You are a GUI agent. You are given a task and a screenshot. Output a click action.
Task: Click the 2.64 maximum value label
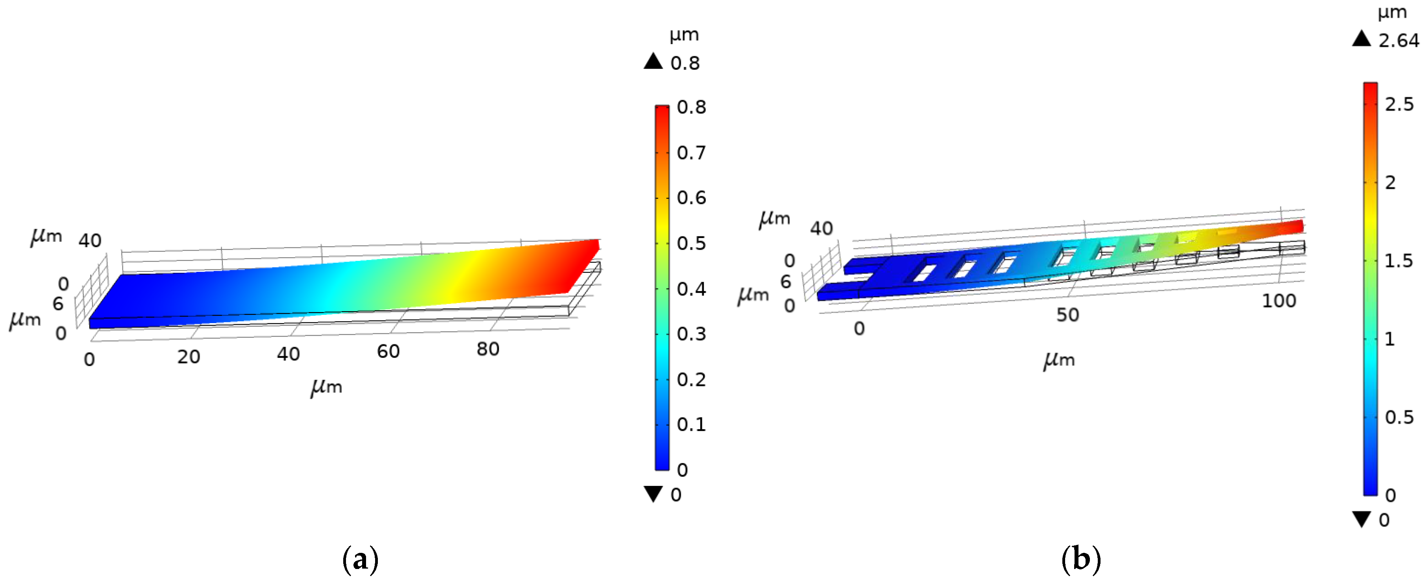(1398, 41)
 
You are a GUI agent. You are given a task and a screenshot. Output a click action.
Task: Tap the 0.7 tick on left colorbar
(691, 152)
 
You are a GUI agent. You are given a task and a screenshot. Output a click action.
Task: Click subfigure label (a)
(360, 559)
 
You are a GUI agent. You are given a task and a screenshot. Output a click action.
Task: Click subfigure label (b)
(1080, 559)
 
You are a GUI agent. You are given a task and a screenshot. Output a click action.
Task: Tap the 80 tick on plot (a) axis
(488, 349)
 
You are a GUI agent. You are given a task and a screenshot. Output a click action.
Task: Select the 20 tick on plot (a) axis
(189, 357)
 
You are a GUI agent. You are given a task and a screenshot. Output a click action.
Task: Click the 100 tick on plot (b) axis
(1279, 301)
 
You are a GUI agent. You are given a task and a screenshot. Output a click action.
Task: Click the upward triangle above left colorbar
(653, 61)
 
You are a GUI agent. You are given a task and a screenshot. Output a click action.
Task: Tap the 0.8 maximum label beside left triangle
(684, 63)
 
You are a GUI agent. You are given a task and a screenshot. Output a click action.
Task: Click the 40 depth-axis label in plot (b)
(821, 228)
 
